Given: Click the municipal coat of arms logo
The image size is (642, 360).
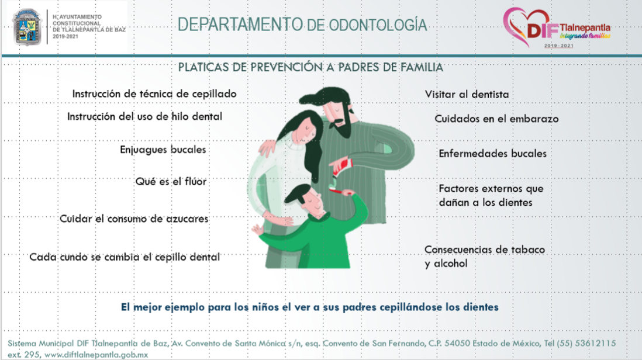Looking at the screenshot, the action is tap(27, 27).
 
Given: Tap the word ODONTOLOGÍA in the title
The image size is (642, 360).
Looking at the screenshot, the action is tap(378, 25).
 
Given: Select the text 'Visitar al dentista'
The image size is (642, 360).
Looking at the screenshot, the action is tap(467, 95).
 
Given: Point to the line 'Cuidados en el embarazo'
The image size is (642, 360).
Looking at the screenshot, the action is tap(496, 119).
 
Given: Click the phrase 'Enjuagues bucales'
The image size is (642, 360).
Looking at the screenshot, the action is tap(163, 150).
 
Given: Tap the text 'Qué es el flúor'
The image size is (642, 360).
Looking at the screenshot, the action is tap(171, 181).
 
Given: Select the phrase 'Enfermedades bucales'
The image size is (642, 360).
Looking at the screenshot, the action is tap(492, 153).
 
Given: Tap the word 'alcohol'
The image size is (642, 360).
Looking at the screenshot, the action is tap(450, 264).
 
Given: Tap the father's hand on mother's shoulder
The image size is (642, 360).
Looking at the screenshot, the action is tap(267, 147).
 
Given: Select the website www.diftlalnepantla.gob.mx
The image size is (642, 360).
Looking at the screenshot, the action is tap(96, 355).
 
